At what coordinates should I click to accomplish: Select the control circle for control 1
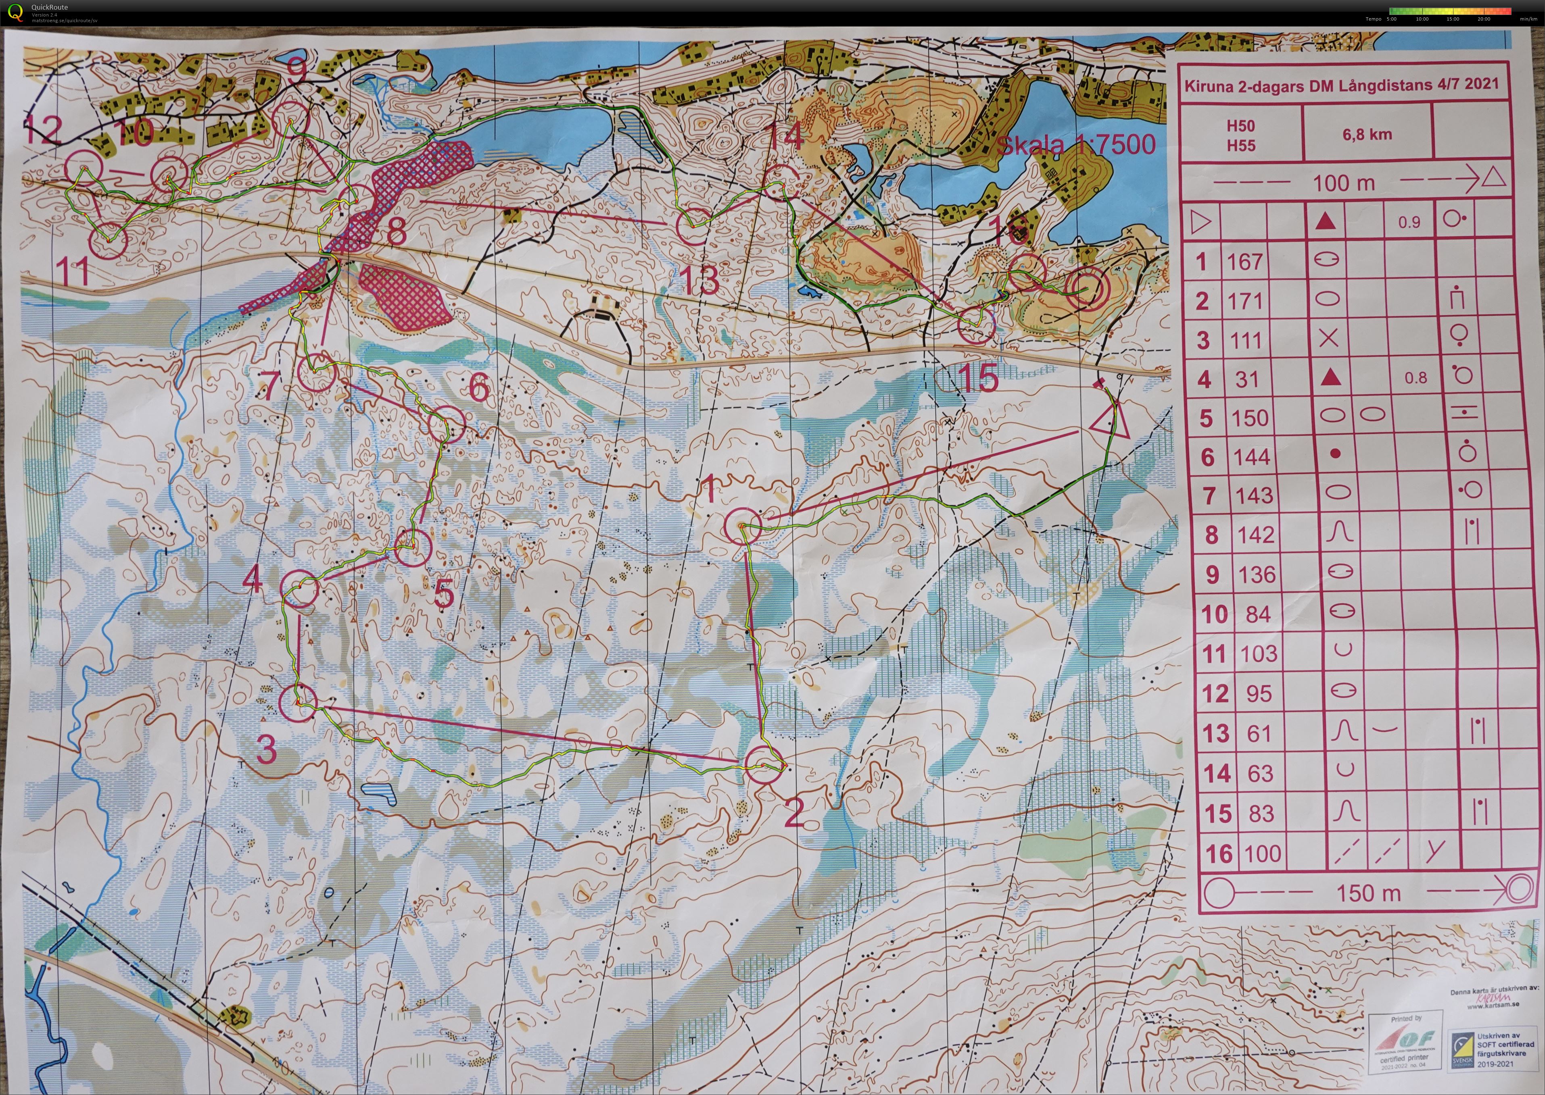click(743, 526)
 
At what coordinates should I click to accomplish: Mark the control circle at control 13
click(693, 226)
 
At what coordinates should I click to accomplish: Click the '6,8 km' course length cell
click(1367, 134)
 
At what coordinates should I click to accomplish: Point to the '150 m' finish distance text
click(1368, 893)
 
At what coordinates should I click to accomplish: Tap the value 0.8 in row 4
click(1416, 378)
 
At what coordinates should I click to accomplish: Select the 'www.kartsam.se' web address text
click(1493, 1006)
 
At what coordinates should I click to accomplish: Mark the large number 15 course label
click(978, 378)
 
